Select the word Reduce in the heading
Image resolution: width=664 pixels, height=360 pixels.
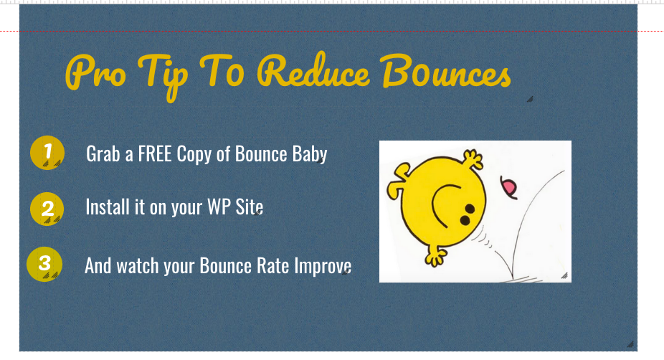point(313,71)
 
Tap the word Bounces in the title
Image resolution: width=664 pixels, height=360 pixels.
point(446,71)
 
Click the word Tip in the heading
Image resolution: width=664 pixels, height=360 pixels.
point(163,76)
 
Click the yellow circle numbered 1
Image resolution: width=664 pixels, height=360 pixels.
point(47,153)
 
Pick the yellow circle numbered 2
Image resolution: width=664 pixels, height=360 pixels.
point(47,209)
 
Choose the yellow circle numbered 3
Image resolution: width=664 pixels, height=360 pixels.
point(44,264)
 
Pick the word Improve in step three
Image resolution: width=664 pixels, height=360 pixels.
point(323,267)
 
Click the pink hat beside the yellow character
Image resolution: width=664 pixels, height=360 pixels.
point(509,186)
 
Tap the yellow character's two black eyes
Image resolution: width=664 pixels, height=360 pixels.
point(468,214)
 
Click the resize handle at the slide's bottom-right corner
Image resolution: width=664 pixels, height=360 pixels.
point(630,344)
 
